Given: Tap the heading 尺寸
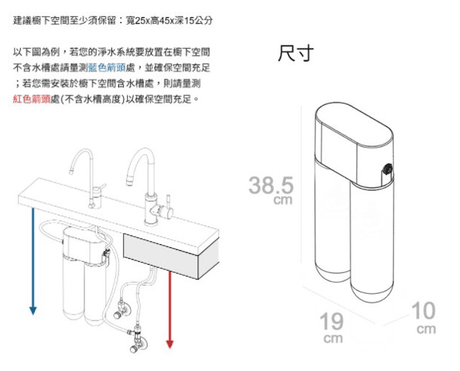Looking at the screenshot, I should (x=295, y=54).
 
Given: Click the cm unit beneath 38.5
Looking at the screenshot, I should (x=283, y=200).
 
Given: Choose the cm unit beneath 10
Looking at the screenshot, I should (x=426, y=328).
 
